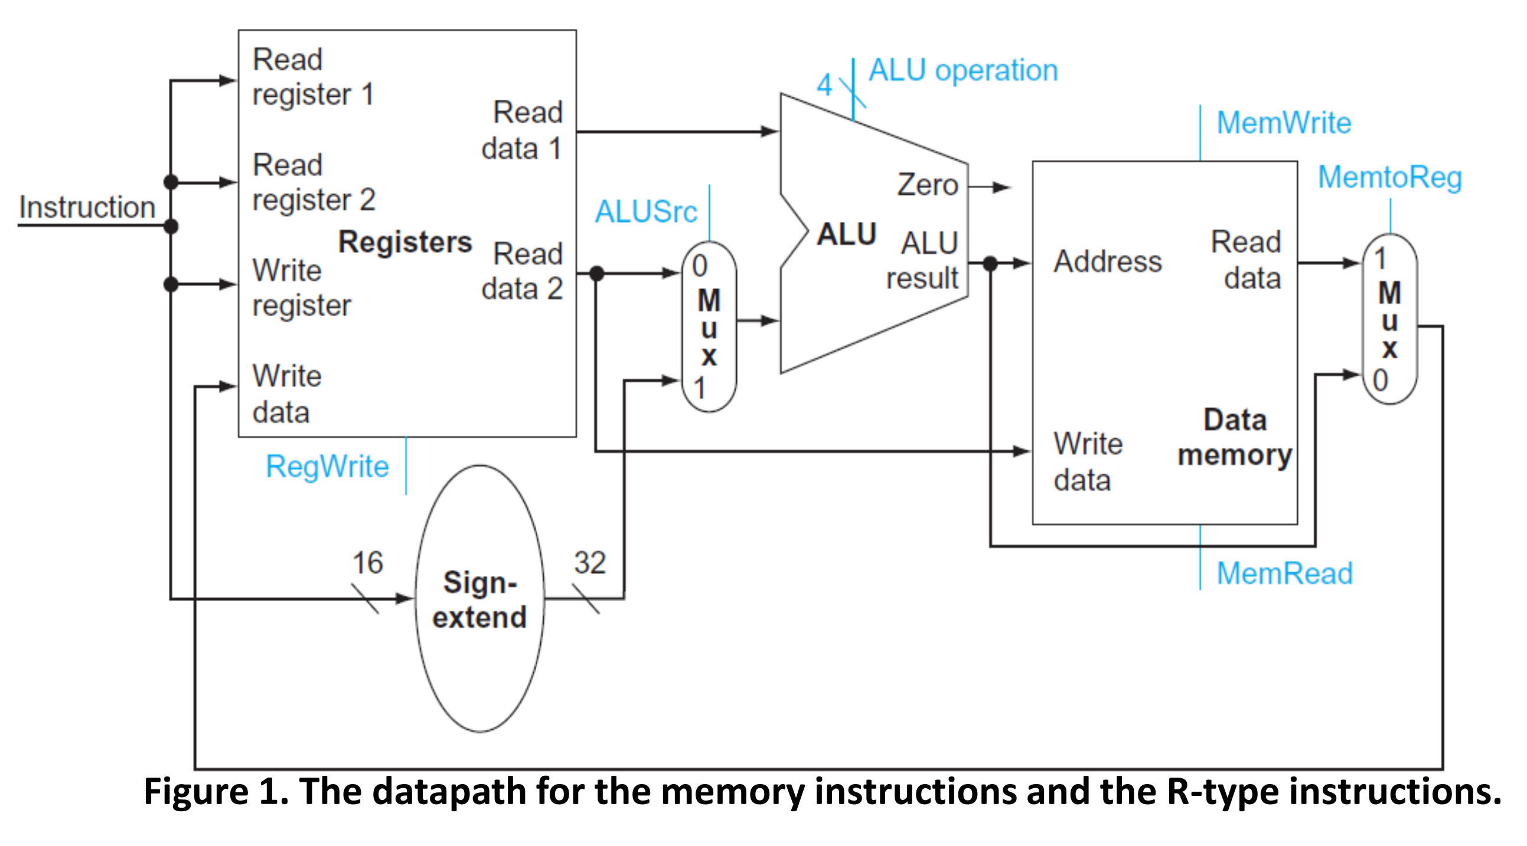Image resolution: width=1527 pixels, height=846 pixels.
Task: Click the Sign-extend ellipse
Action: click(479, 598)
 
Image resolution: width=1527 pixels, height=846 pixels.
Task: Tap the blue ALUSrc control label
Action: click(645, 211)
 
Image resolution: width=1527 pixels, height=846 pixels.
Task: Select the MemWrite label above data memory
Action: click(1283, 123)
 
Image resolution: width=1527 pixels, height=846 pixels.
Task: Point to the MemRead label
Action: click(1284, 573)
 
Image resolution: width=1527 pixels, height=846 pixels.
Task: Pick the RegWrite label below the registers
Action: click(327, 465)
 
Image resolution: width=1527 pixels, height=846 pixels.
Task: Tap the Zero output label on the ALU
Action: click(927, 184)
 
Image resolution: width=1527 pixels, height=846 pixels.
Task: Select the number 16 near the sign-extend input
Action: click(367, 562)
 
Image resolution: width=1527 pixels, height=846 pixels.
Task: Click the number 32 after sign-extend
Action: click(589, 562)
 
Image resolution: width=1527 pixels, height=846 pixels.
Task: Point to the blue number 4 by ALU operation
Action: click(824, 85)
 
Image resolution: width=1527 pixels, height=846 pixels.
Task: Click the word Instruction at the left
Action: click(87, 206)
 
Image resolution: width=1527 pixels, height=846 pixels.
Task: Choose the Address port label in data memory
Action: click(1107, 261)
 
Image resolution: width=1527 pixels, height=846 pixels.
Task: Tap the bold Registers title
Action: click(405, 242)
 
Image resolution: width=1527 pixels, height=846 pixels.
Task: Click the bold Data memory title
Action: click(1235, 437)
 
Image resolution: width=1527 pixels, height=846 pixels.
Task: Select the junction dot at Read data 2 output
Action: click(597, 273)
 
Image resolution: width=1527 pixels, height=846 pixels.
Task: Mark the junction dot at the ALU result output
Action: click(990, 263)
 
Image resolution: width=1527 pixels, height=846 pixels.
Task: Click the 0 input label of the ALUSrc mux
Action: click(700, 265)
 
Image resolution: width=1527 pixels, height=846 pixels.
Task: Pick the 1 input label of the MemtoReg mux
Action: click(1379, 258)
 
